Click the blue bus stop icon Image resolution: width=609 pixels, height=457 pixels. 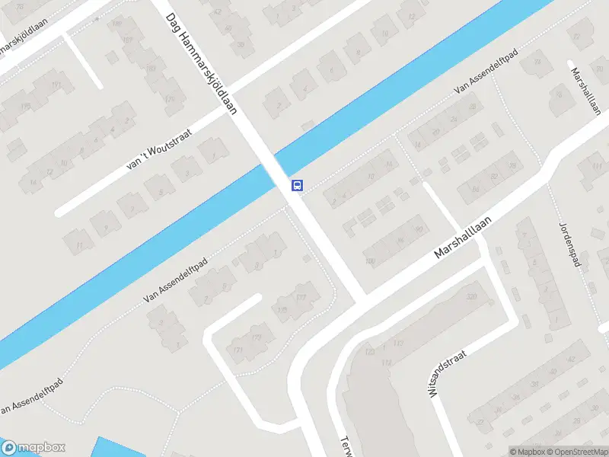pyautogui.click(x=297, y=185)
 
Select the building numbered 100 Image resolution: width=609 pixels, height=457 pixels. pyautogui.click(x=371, y=262)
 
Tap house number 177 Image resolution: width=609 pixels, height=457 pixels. pyautogui.click(x=301, y=296)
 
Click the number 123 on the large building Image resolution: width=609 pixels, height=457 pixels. pyautogui.click(x=370, y=352)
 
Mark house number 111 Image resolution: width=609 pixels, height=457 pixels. pyautogui.click(x=80, y=244)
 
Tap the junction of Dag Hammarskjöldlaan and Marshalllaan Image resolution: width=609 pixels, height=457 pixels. pyautogui.click(x=364, y=292)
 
